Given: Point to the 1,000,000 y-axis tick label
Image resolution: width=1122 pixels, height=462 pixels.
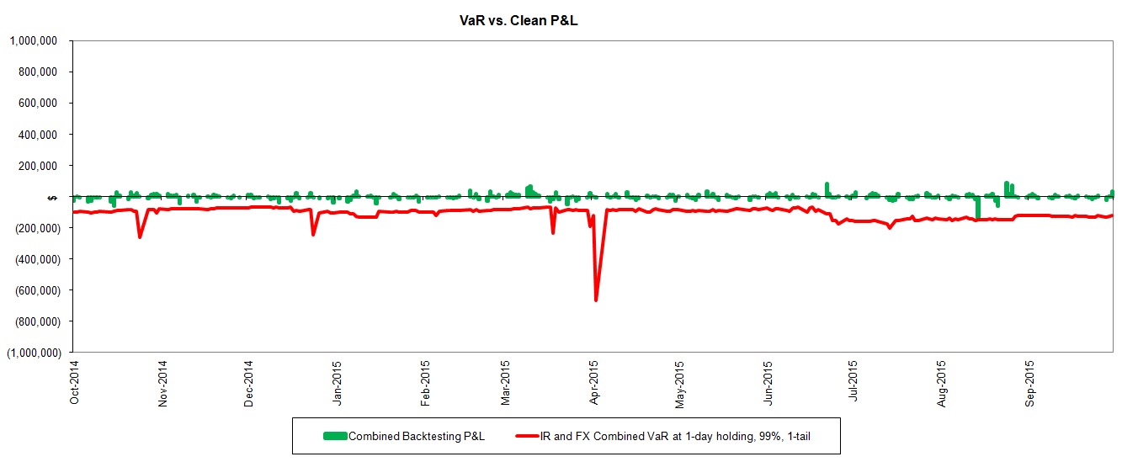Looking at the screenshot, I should (x=33, y=40).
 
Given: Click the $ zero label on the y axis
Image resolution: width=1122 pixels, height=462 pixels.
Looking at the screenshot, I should (x=53, y=197).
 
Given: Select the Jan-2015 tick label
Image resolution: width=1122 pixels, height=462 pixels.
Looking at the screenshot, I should (x=337, y=383).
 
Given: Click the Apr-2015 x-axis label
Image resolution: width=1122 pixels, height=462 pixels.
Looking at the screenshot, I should (x=594, y=383).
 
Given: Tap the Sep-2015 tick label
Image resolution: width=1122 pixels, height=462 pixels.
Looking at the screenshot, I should (x=1030, y=383).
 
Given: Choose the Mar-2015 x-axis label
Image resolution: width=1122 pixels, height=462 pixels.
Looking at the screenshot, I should (x=505, y=383).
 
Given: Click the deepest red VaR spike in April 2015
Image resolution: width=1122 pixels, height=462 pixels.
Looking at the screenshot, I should (x=596, y=299).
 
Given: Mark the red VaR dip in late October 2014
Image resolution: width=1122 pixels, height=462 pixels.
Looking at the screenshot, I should (x=140, y=236).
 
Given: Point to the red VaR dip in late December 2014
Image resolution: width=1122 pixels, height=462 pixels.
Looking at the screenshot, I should (x=313, y=233).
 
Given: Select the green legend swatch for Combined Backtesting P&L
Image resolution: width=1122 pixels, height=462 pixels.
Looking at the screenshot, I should (x=334, y=436).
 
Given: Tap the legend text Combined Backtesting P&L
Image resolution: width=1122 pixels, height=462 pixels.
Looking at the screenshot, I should (x=417, y=436).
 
